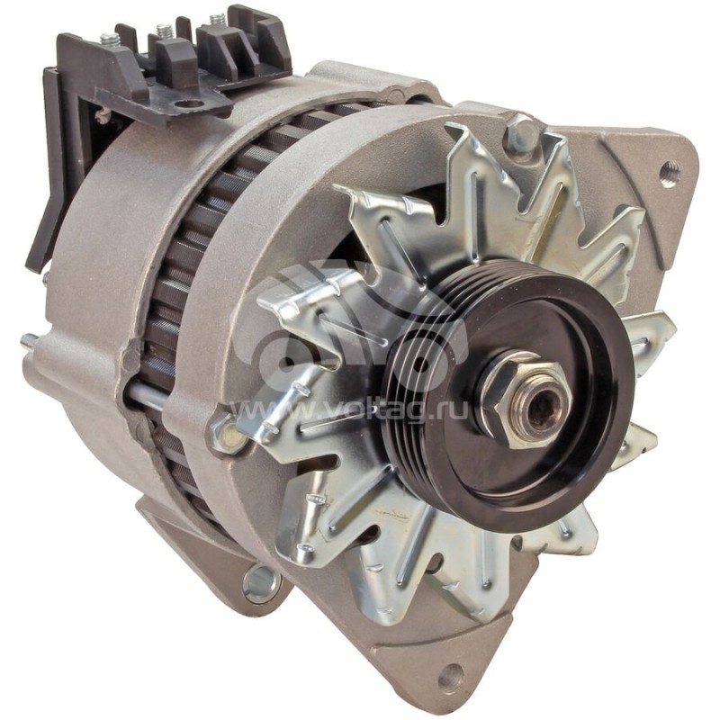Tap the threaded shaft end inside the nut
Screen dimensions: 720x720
point(540,408)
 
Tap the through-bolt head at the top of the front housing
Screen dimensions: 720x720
point(519,134)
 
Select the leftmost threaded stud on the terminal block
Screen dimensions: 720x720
point(108,40)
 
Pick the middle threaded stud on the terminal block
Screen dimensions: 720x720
point(164,30)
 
